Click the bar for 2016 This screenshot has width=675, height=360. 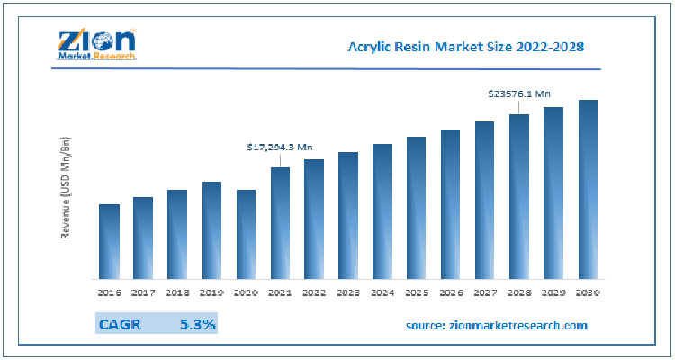click(x=109, y=241)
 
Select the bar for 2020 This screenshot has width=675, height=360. click(x=246, y=234)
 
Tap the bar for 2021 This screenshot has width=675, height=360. click(x=280, y=223)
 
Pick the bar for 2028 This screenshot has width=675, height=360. click(x=519, y=196)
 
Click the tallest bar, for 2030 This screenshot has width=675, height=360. click(x=588, y=189)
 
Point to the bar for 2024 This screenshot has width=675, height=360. click(x=382, y=211)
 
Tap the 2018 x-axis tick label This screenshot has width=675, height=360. click(x=177, y=292)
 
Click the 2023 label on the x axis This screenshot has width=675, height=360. click(x=348, y=292)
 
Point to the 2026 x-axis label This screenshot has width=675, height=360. click(x=451, y=292)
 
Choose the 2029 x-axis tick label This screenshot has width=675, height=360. click(x=553, y=292)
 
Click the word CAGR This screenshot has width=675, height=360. click(x=121, y=324)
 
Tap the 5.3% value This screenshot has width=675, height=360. click(x=197, y=324)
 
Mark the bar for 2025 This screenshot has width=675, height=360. click(x=417, y=208)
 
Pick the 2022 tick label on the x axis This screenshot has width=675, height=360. click(x=314, y=292)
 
